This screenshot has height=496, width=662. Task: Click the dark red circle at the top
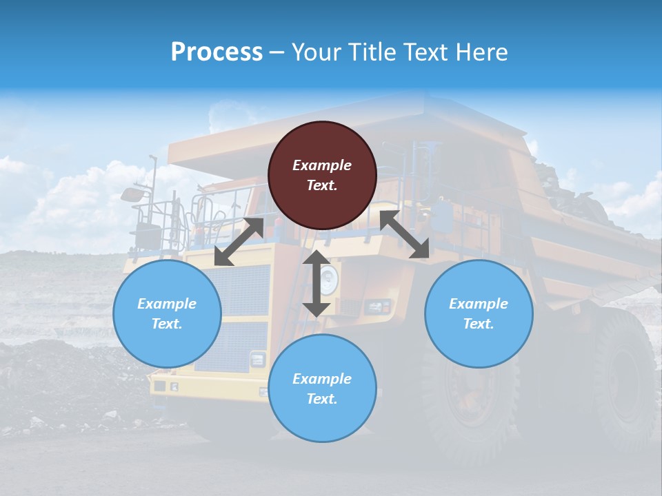tap(322, 175)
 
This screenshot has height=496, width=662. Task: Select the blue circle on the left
tap(167, 313)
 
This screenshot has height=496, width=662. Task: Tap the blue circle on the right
tap(479, 313)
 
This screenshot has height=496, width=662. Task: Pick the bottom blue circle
tap(322, 389)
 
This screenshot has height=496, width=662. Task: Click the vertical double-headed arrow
tap(316, 283)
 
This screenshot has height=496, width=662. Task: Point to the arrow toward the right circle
tap(405, 235)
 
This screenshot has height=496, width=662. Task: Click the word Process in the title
tap(217, 52)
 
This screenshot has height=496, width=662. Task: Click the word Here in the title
tap(482, 52)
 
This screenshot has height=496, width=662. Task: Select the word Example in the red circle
tap(322, 165)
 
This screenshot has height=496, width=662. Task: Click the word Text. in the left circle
tap(167, 324)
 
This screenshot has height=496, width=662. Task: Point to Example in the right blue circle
tap(479, 304)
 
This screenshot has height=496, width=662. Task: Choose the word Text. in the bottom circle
tap(322, 399)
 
